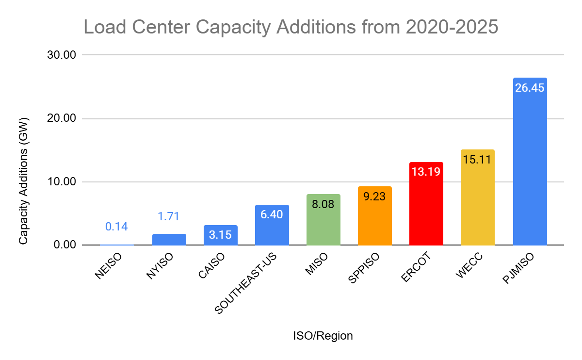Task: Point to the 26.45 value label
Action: [x=530, y=88]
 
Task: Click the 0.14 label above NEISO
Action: [x=117, y=226]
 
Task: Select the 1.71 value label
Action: [x=169, y=216]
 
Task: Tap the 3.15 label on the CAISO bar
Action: [x=221, y=234]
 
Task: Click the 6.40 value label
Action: [x=272, y=214]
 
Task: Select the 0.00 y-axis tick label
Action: [x=65, y=245]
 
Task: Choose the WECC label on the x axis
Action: [x=468, y=267]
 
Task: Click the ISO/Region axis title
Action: [x=323, y=336]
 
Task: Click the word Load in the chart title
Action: [x=103, y=27]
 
